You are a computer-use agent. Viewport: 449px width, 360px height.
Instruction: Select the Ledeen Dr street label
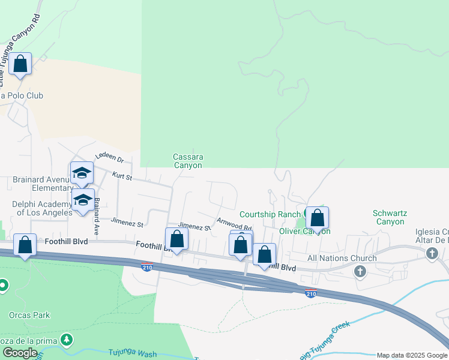tap(109, 160)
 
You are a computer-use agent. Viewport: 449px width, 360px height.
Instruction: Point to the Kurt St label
tap(122, 175)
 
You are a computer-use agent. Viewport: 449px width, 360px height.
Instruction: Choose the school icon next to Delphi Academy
tap(83, 201)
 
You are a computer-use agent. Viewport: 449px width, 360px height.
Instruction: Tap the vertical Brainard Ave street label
tap(95, 215)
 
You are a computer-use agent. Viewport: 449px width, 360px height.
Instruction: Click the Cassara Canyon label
tap(188, 161)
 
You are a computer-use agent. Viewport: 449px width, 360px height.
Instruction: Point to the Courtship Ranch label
tap(270, 214)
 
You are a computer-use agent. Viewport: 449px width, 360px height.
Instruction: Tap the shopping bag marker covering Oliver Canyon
tap(317, 218)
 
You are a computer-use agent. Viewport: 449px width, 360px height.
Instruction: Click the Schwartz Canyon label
tap(388, 217)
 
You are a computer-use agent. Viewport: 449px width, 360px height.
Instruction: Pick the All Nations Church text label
tap(342, 258)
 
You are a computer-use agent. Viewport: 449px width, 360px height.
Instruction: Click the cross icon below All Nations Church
tap(360, 272)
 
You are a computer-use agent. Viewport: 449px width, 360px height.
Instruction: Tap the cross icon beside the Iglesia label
tap(432, 254)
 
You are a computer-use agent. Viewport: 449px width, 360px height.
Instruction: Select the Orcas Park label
tap(29, 315)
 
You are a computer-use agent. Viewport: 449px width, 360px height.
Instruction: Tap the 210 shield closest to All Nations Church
tap(310, 293)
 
